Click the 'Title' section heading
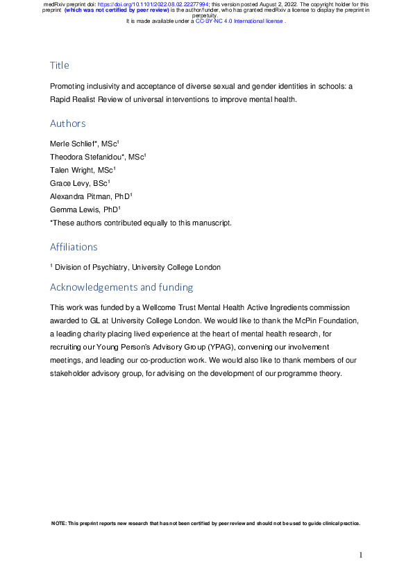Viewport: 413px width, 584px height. coord(60,65)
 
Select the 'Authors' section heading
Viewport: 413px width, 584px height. coord(68,123)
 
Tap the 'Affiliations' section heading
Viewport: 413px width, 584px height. coord(74,247)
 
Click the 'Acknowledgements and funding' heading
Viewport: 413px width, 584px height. coord(121,287)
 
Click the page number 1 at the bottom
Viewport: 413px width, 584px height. coord(361,555)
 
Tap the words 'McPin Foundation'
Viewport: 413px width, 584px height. coord(323,320)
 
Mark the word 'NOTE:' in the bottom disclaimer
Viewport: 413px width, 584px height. coord(59,523)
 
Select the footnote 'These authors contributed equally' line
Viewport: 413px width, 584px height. coord(142,223)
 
